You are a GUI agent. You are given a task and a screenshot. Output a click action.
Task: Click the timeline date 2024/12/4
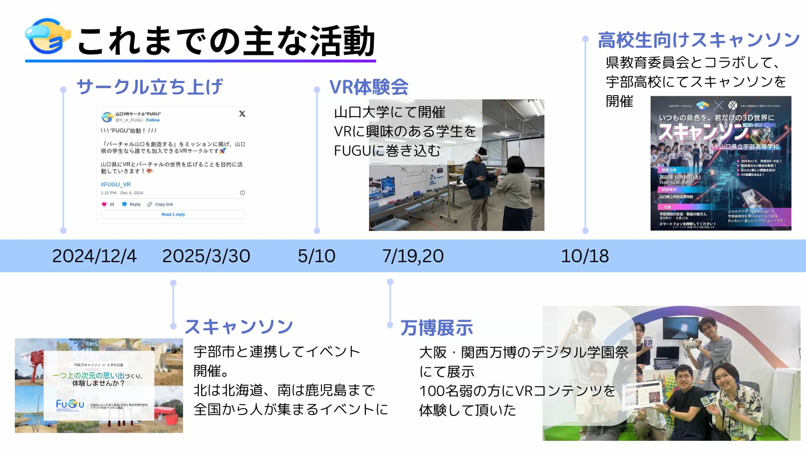pos(94,256)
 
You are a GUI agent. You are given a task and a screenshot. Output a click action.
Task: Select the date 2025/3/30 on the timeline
pos(206,256)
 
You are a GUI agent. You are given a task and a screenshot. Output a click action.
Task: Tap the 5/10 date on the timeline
pos(317,256)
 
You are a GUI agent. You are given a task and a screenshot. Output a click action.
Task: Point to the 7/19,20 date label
pos(413,256)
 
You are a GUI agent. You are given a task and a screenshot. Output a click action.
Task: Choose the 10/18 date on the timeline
pos(585,256)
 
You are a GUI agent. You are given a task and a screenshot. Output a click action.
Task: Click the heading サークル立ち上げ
pos(149,87)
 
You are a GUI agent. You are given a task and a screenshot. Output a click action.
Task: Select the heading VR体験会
pos(369,87)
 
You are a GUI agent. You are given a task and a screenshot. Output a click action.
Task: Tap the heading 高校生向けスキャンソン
pos(699,40)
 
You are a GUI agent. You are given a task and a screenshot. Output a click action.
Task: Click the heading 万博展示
pos(437,328)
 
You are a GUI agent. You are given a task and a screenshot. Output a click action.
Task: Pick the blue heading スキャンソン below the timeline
pos(239,327)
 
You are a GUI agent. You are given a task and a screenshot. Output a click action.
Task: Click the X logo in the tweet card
pos(242,114)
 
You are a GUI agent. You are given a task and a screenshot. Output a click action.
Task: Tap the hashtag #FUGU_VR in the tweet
pos(116,184)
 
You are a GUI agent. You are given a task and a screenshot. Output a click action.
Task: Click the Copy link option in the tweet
pos(164,204)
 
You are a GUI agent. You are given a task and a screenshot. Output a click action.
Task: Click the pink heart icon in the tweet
pos(104,204)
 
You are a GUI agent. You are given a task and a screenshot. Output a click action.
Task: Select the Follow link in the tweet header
pos(153,120)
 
